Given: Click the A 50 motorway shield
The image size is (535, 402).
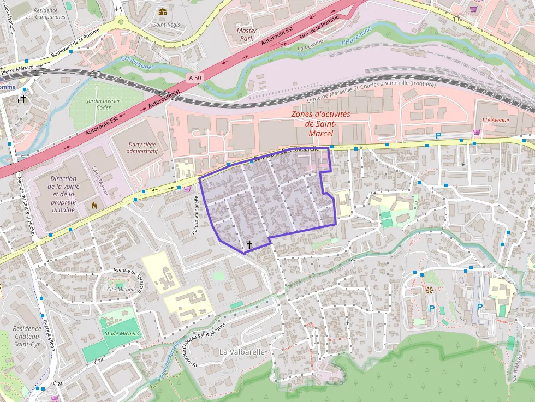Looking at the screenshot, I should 194,78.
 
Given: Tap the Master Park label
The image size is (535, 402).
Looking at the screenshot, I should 247,34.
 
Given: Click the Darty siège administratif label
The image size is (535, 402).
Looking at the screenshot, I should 134,147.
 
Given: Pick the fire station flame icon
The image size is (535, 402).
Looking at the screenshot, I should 94,206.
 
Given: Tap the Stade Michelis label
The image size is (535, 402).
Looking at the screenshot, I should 118,333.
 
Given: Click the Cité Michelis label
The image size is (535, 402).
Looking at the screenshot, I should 122,289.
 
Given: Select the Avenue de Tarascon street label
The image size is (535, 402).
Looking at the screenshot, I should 129,275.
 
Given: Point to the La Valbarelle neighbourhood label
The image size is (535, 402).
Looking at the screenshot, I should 242,352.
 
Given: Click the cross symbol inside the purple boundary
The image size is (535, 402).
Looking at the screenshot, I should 249,245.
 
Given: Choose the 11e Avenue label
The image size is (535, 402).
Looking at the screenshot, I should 495,120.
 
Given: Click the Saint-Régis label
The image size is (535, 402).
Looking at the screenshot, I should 167,25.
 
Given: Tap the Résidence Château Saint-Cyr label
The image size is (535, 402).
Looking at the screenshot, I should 27,336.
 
